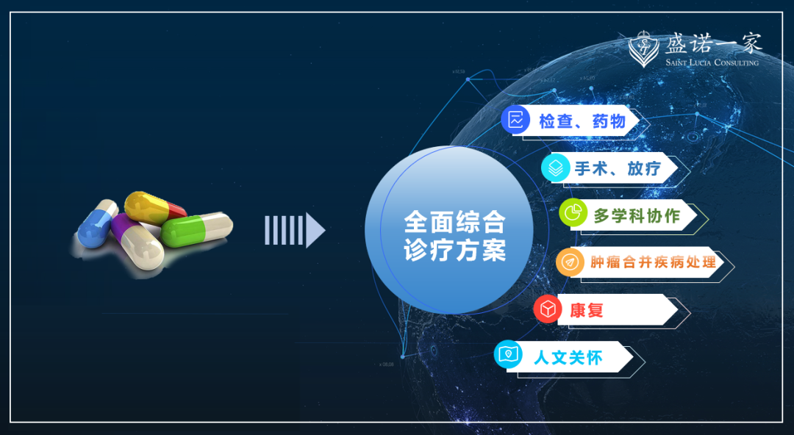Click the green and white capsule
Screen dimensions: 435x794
tap(196, 229)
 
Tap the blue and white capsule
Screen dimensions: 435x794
tap(98, 223)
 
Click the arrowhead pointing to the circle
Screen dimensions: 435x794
tap(315, 231)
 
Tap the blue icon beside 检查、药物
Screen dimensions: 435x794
tap(515, 120)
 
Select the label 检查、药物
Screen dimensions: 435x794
tap(582, 121)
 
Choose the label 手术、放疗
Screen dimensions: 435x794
tap(618, 168)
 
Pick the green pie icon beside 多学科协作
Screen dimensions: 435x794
tap(573, 214)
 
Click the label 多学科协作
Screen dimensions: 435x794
tap(637, 216)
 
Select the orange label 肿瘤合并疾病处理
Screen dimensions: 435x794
tap(653, 262)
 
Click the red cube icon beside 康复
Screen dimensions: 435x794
tap(548, 309)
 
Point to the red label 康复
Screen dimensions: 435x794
tap(587, 310)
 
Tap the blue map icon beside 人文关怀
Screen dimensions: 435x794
tap(508, 356)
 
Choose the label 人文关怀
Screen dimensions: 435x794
tap(568, 358)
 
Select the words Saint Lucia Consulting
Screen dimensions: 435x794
tap(712, 62)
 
